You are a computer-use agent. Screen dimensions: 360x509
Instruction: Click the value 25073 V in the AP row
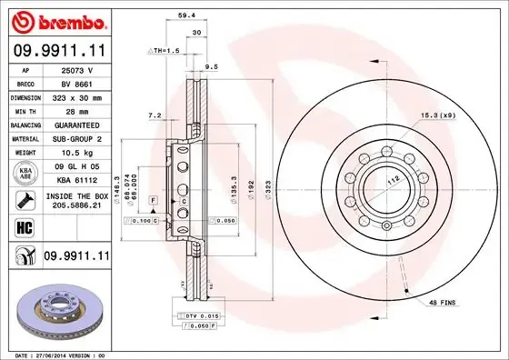click(x=76, y=69)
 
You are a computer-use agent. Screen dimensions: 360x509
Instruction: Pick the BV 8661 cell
click(x=76, y=82)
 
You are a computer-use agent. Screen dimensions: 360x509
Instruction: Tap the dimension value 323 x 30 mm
click(x=76, y=95)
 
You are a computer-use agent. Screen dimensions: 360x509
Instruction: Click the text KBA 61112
click(x=76, y=180)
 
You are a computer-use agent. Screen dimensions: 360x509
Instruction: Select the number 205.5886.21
click(x=76, y=207)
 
